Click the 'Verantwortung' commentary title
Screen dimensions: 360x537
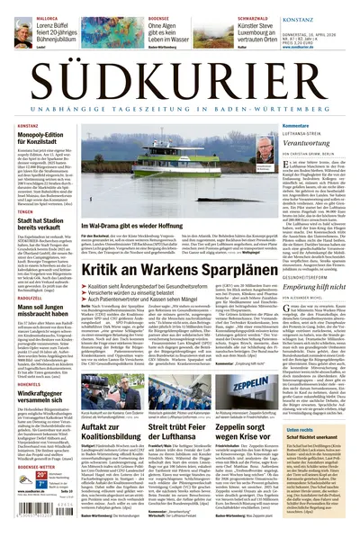click(283, 143)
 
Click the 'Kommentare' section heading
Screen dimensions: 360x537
click(271, 125)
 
